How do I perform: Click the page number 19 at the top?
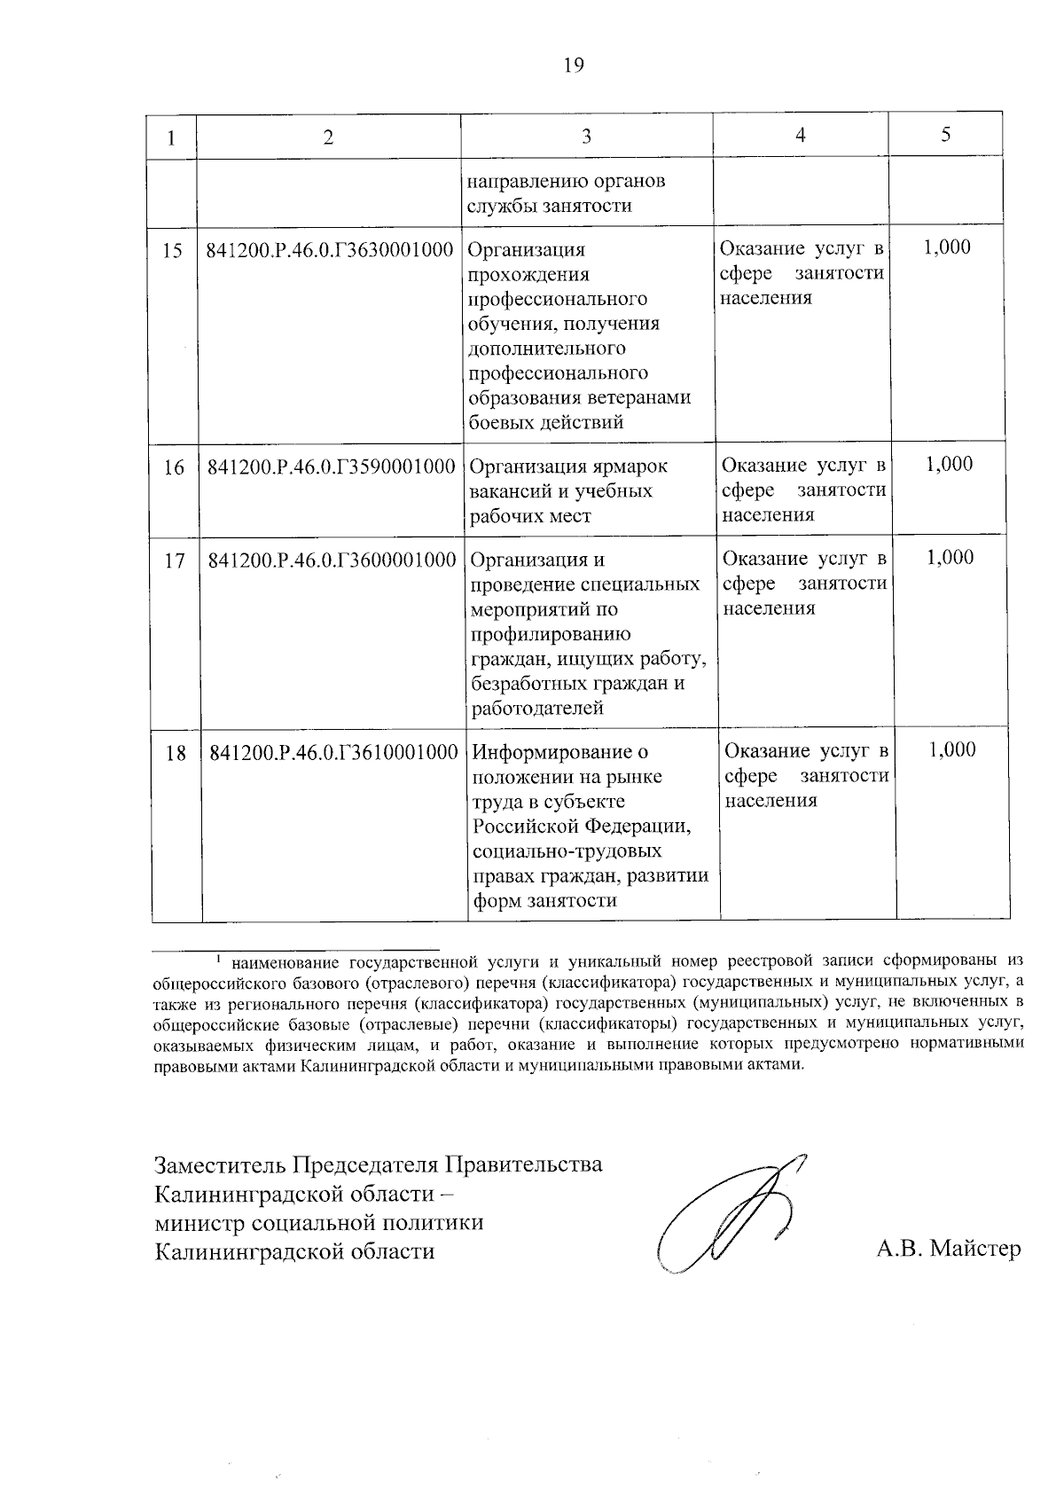[574, 65]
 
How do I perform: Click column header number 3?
[586, 137]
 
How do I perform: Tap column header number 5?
[946, 135]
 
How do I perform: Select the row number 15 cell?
[172, 250]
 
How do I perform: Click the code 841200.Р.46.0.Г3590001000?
[331, 466]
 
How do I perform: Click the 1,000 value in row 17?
[950, 557]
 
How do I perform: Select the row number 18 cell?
[176, 753]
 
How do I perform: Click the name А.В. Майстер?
[948, 1250]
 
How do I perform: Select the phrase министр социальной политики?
[319, 1222]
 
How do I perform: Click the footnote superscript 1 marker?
[218, 956]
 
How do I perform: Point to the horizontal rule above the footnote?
[296, 949]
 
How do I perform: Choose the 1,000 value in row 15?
[946, 247]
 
